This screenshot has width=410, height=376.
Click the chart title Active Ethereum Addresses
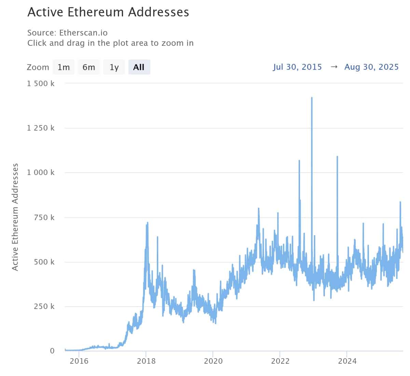[x=108, y=12]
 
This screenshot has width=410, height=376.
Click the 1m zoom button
[x=64, y=67]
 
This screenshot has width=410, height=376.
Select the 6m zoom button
[x=89, y=67]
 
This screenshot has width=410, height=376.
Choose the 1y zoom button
[x=114, y=67]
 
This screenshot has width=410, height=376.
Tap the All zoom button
[x=139, y=67]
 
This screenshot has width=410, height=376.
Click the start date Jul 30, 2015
[x=297, y=67]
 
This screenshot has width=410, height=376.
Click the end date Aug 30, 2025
[x=371, y=67]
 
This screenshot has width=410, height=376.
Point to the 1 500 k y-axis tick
[x=41, y=83]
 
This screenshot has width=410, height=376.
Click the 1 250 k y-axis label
[x=41, y=128]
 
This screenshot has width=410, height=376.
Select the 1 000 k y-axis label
[x=41, y=173]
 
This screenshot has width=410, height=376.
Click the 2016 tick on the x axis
[x=79, y=361]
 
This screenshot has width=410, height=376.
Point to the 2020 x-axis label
[x=213, y=361]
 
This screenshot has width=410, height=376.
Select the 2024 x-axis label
[x=346, y=361]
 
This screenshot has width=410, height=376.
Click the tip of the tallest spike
[x=312, y=98]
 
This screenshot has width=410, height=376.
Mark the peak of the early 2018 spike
[x=147, y=223]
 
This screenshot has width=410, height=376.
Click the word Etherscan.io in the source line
[x=83, y=33]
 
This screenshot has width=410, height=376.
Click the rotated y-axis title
[x=15, y=217]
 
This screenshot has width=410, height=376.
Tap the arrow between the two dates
[x=334, y=67]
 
